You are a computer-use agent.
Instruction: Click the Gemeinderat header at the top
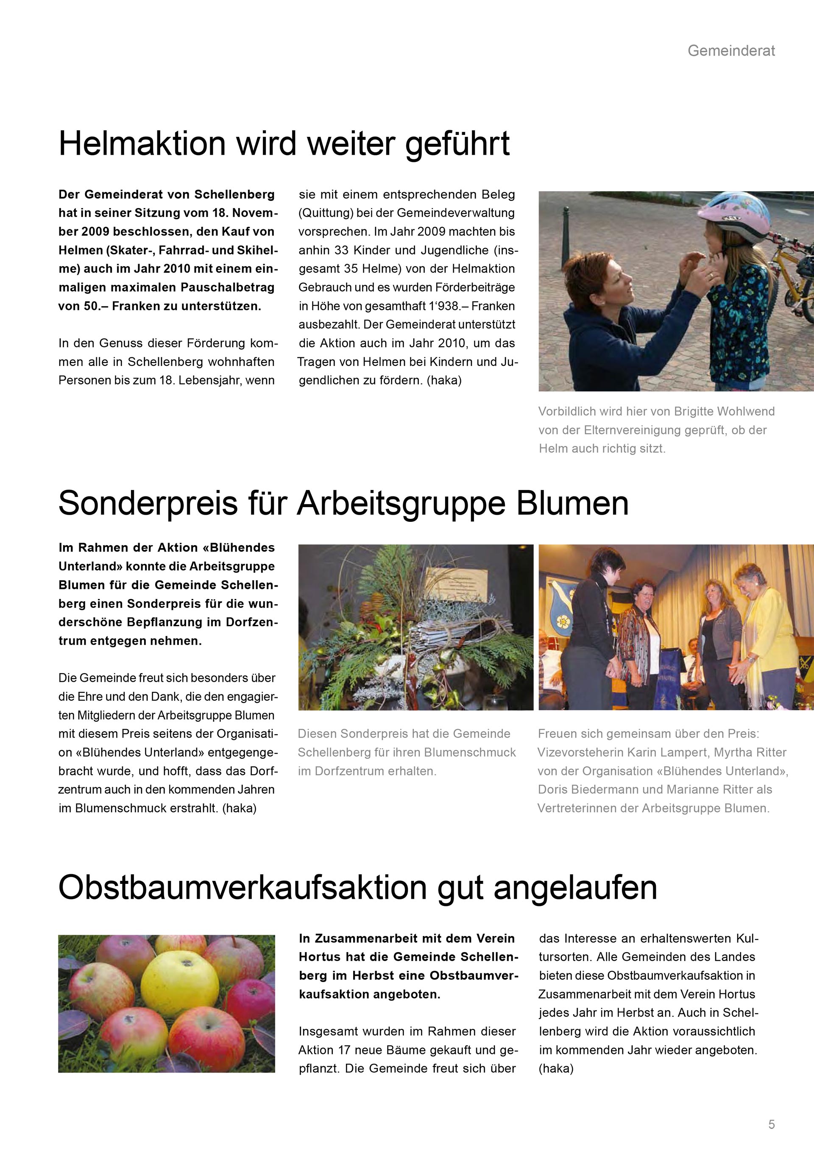tap(731, 50)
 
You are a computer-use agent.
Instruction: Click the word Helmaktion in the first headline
tap(142, 144)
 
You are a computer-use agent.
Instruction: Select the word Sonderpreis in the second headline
tap(148, 504)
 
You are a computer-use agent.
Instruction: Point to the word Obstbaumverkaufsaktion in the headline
tap(242, 888)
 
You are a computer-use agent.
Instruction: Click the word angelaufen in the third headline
tap(575, 888)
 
